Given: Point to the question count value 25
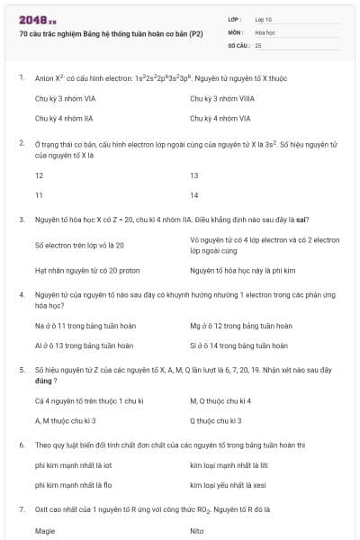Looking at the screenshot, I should (x=258, y=44).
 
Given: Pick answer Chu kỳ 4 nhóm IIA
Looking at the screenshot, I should (x=66, y=118).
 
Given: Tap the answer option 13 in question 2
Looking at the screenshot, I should (x=194, y=175).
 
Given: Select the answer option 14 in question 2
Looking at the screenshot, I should (x=194, y=195).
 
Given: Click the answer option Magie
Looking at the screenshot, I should (x=45, y=531).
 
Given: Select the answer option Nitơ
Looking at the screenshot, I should (x=197, y=531).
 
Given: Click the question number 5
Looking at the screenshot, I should (x=21, y=369).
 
